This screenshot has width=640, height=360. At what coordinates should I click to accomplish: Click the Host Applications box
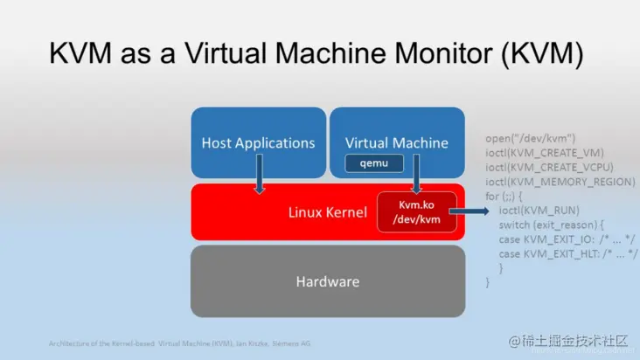[258, 142]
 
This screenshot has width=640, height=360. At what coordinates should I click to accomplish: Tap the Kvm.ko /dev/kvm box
[417, 212]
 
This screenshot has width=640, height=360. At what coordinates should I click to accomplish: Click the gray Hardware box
[328, 281]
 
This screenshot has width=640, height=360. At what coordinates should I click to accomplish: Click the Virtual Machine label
[396, 142]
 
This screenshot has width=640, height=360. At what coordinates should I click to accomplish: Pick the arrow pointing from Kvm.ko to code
[476, 211]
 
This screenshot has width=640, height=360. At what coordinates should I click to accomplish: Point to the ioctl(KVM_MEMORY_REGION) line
[560, 182]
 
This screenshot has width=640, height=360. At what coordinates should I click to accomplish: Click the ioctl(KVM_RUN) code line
[536, 211]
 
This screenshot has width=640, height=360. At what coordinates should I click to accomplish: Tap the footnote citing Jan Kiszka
[179, 343]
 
